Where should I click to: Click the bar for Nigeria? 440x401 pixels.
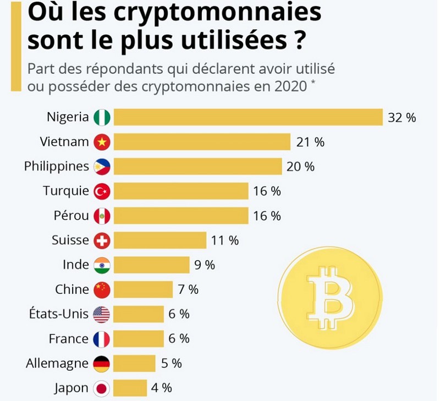click(x=248, y=117)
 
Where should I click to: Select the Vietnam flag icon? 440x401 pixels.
click(x=102, y=142)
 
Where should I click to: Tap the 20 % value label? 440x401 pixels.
click(x=300, y=166)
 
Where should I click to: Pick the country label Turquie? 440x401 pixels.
click(x=65, y=191)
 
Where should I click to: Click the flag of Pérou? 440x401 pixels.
click(x=102, y=216)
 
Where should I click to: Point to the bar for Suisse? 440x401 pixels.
click(x=159, y=240)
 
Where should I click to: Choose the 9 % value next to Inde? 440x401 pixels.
click(x=205, y=265)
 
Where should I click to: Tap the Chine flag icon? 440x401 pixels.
click(x=102, y=289)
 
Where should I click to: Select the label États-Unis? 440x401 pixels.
click(x=58, y=314)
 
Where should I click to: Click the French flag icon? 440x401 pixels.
click(x=102, y=339)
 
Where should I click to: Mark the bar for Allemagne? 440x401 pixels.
click(x=134, y=363)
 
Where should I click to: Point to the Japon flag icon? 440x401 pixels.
click(x=102, y=388)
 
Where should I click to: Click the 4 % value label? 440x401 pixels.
click(x=161, y=388)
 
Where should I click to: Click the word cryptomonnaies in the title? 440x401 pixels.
click(x=214, y=12)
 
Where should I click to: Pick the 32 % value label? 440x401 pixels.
click(x=402, y=117)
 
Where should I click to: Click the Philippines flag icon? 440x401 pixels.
click(x=102, y=166)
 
